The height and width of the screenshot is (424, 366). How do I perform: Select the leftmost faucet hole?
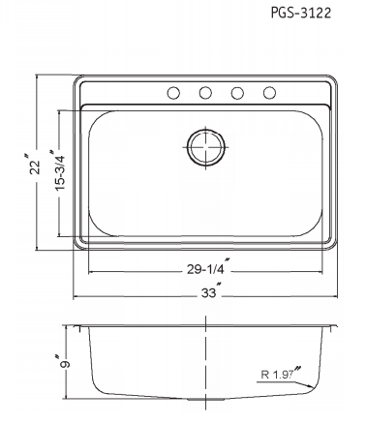[x=173, y=93]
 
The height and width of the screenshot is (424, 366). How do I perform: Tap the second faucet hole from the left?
[x=205, y=93]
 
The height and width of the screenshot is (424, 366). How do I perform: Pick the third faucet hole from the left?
[x=238, y=93]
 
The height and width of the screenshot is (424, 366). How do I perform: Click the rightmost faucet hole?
[x=270, y=93]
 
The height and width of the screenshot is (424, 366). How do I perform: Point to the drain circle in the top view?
[x=205, y=147]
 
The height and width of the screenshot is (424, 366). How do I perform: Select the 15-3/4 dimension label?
[x=59, y=171]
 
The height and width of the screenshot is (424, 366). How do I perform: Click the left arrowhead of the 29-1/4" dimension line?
[x=91, y=271]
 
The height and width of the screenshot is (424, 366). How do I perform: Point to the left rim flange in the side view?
[x=78, y=325]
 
